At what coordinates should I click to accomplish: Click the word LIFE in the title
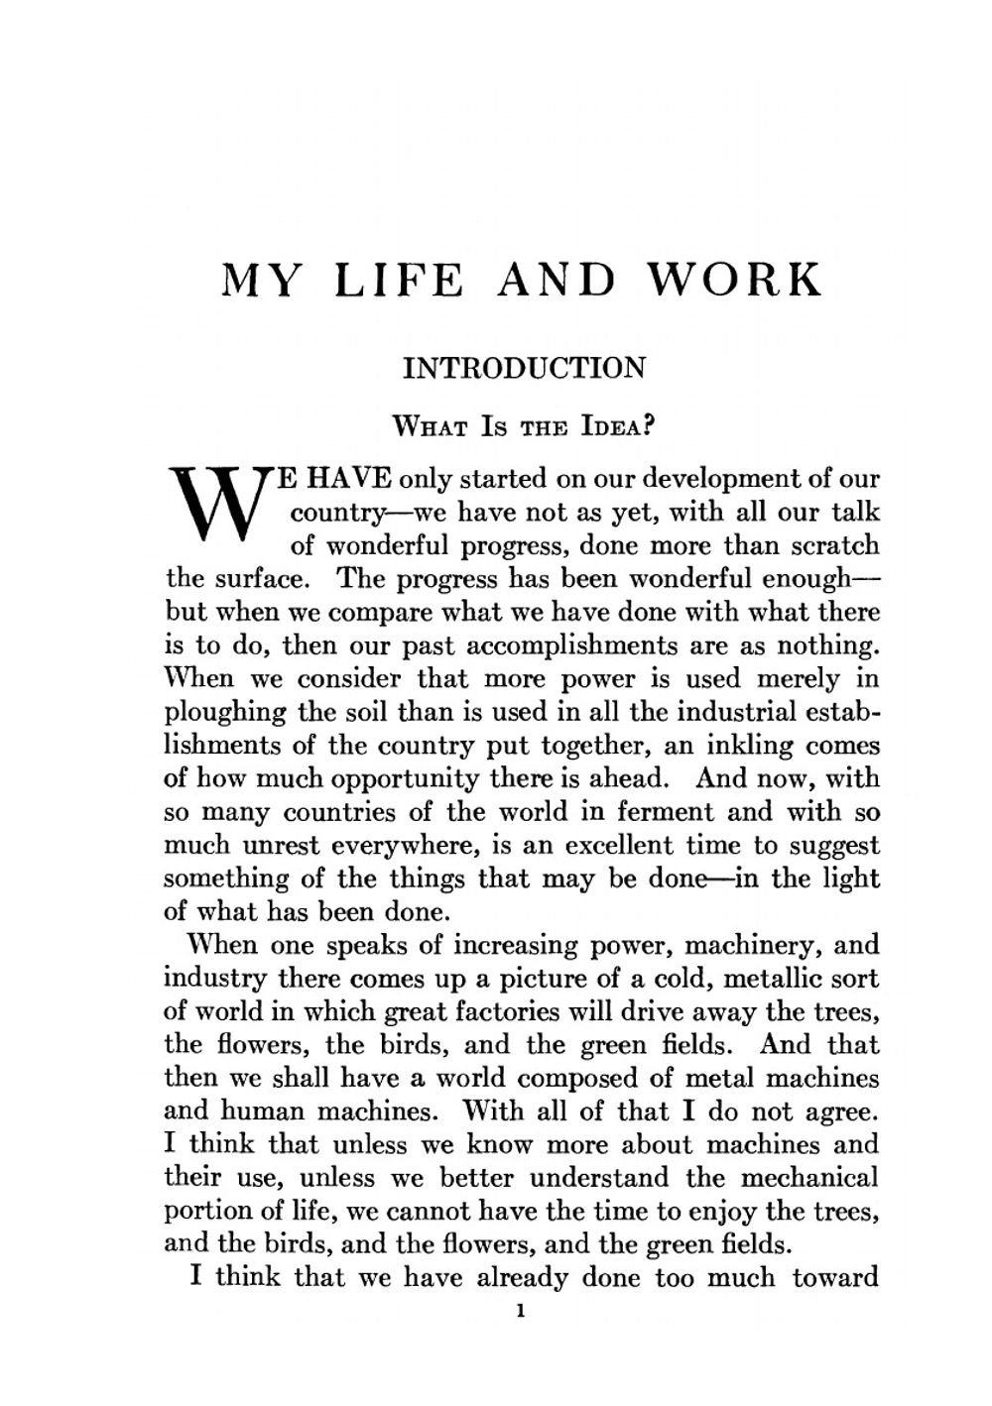click(399, 281)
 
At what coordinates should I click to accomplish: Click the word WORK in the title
click(735, 281)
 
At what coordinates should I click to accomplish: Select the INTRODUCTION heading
click(524, 369)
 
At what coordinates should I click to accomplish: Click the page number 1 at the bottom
click(520, 1312)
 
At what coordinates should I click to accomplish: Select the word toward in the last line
click(835, 1277)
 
